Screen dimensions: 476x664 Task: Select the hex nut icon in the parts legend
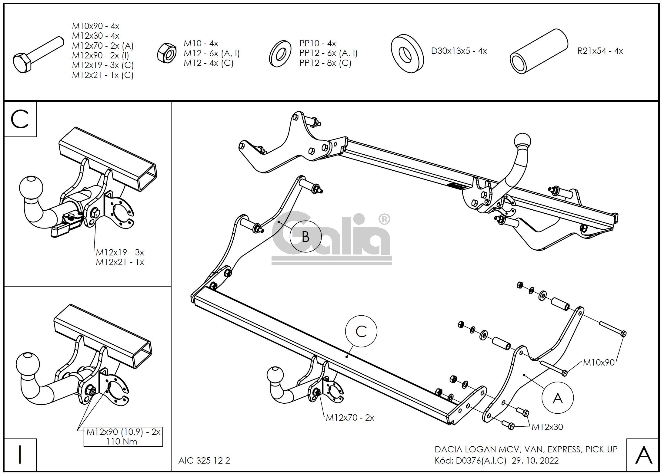(167, 53)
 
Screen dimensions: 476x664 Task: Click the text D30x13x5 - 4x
(459, 51)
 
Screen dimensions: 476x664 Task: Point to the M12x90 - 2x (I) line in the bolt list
(100, 55)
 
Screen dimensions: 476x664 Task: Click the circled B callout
(305, 236)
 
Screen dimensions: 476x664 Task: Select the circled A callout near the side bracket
(557, 398)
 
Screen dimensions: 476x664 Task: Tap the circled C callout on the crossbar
(361, 331)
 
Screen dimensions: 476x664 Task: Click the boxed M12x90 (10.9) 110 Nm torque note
(123, 437)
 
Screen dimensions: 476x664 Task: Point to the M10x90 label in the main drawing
(599, 362)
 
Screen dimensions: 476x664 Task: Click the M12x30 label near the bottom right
(547, 427)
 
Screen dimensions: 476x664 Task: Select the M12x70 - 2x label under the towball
(350, 418)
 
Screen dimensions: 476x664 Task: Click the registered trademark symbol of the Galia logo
(384, 219)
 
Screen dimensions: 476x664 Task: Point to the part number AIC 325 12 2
(204, 461)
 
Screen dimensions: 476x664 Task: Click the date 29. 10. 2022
(535, 461)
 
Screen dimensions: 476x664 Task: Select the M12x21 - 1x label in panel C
(120, 262)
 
